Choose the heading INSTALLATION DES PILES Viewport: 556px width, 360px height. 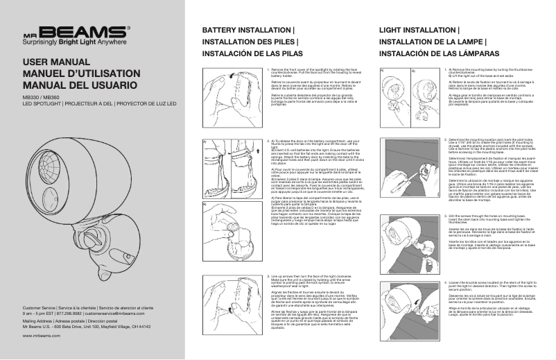click(250, 42)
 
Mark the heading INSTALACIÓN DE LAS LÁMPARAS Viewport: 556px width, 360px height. click(436, 53)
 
